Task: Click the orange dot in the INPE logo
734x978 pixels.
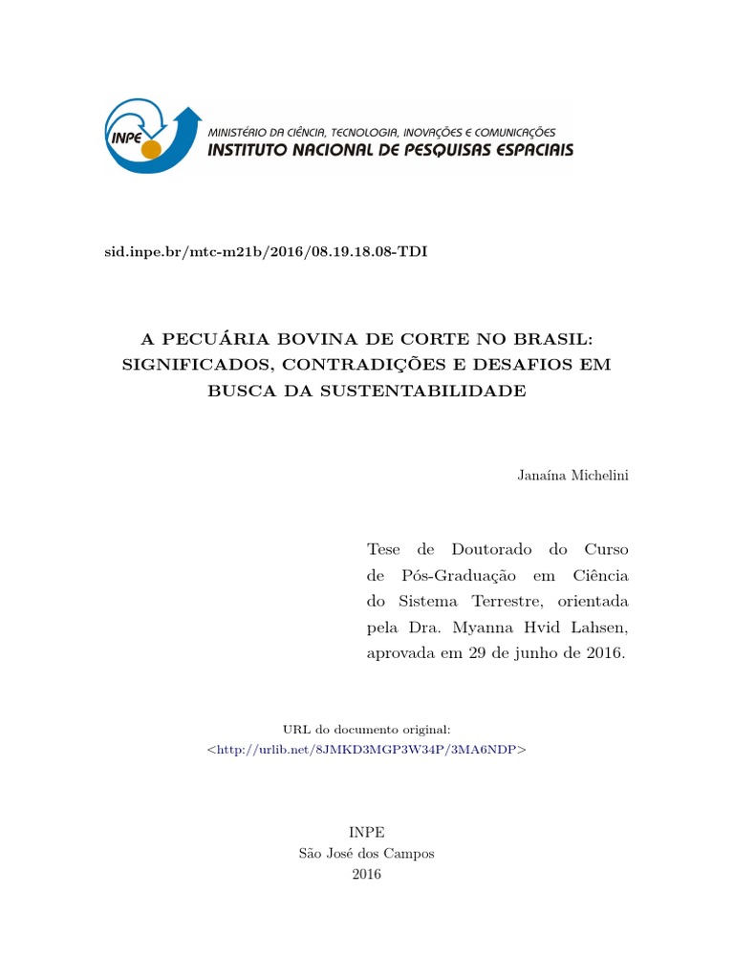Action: (150, 149)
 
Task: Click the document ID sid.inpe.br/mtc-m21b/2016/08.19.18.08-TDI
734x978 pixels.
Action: (266, 251)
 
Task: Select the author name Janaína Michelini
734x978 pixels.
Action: (572, 476)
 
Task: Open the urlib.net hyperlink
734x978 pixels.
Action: (366, 750)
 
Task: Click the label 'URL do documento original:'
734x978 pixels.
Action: (366, 729)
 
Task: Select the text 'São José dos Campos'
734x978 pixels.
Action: (366, 853)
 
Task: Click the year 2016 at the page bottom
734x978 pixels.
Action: (366, 874)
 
